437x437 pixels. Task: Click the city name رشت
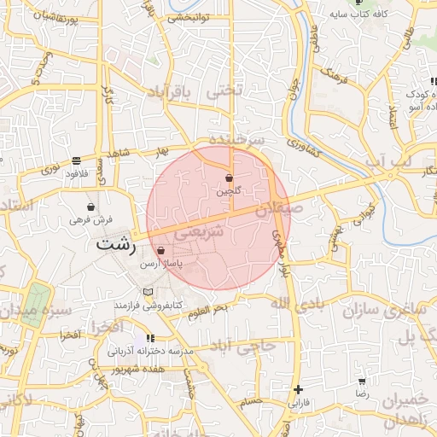coord(117,243)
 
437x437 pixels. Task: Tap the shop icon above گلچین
coord(230,178)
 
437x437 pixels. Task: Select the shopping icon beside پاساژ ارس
coord(161,251)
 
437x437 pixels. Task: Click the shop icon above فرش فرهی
coord(90,206)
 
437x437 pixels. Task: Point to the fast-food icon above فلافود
coord(77,160)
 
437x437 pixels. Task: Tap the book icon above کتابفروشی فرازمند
coord(151,293)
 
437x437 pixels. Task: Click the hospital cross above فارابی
coord(297,389)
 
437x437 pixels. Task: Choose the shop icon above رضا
coord(362,382)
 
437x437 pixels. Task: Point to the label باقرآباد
coord(178,94)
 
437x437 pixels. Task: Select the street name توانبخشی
coord(189,17)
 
